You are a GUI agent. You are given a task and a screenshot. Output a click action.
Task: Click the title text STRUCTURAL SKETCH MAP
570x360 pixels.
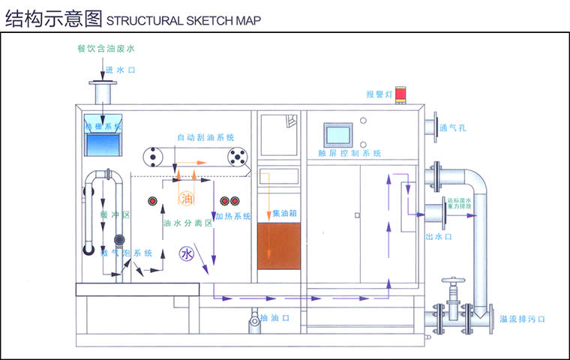click(x=184, y=20)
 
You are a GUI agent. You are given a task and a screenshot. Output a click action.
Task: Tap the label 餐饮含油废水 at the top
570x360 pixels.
click(x=105, y=49)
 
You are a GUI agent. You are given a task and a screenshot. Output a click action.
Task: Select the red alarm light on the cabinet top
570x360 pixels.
click(x=402, y=95)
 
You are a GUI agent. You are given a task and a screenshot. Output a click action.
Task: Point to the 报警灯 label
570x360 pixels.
click(x=379, y=94)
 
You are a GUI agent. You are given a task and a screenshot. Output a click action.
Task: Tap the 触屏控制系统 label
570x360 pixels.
click(x=349, y=153)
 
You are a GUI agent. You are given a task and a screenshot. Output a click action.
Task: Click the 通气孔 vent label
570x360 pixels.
click(x=454, y=127)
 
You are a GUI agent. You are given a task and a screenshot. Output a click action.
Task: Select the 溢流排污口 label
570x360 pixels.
click(x=522, y=319)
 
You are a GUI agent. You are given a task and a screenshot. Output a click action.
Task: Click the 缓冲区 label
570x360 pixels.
click(x=115, y=215)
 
